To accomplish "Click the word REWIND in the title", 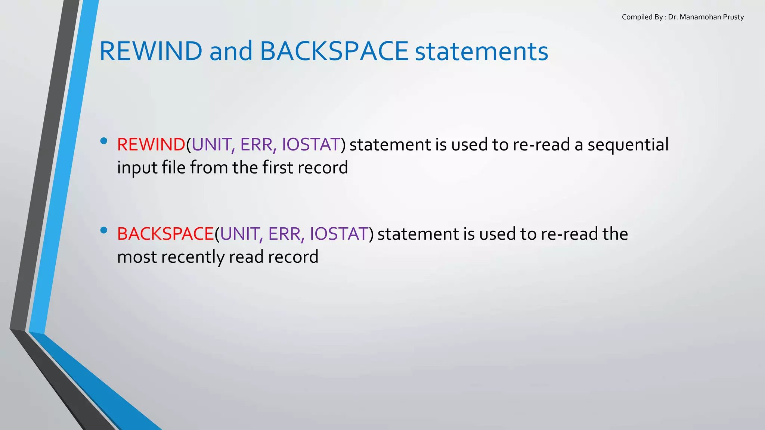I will (x=151, y=51).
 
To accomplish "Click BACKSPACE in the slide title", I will (x=334, y=51).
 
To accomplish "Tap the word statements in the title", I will (x=481, y=51).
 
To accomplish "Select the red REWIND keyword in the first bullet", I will (x=151, y=144).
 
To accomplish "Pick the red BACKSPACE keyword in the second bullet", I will (x=165, y=234).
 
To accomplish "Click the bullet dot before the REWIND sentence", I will (x=104, y=141).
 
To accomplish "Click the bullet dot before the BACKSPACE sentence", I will (x=104, y=230).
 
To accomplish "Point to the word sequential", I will (x=628, y=144).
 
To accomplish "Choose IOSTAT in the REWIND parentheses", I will (x=311, y=144).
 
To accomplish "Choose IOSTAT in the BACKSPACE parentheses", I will (x=339, y=234).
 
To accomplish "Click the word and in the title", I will (x=231, y=51).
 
